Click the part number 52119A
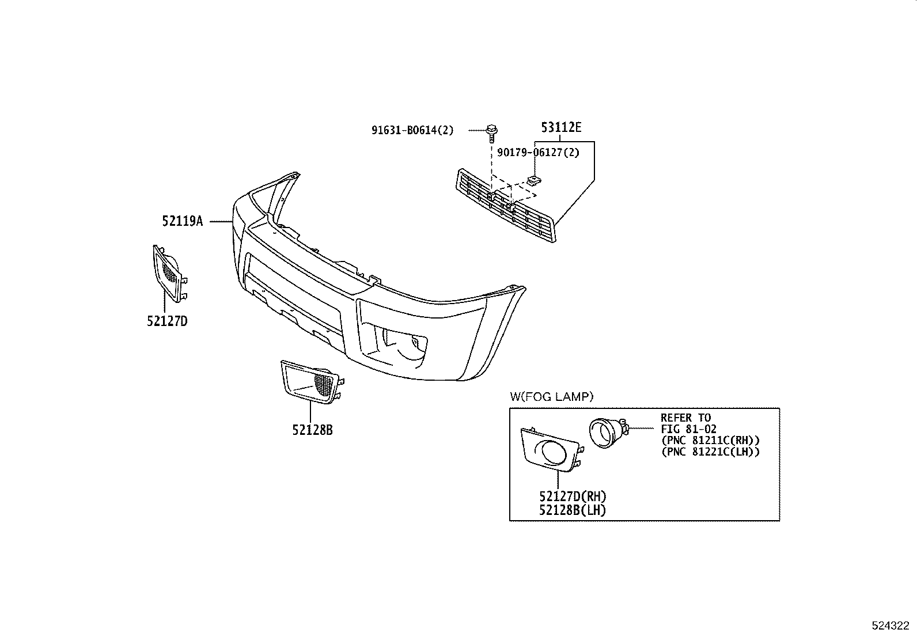[x=183, y=221]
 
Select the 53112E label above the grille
[x=561, y=127]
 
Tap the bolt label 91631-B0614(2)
[x=412, y=130]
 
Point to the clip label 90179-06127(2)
[x=539, y=153]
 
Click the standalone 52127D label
[x=167, y=321]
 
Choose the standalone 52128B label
[x=312, y=430]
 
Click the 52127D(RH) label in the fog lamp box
[x=573, y=496]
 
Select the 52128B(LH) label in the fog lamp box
[x=573, y=510]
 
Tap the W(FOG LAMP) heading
[x=551, y=396]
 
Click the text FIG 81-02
[x=688, y=429]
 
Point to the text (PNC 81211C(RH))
[x=710, y=441]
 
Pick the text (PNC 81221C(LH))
[x=710, y=452]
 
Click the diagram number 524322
[x=891, y=626]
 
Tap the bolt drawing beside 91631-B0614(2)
[x=492, y=132]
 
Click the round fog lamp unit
[x=607, y=433]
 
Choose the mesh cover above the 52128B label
[x=312, y=382]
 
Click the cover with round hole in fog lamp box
[x=552, y=450]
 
